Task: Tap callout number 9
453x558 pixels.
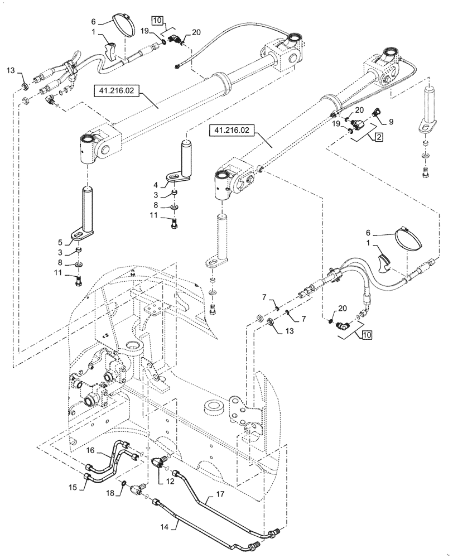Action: [391, 121]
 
